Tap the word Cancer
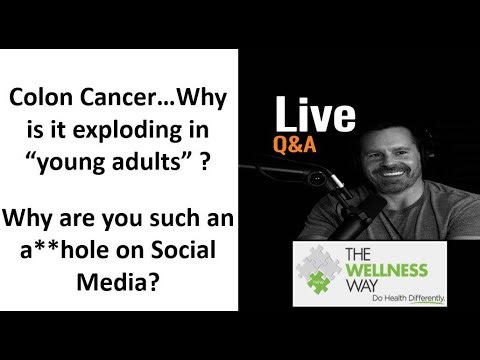pos(109,100)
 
